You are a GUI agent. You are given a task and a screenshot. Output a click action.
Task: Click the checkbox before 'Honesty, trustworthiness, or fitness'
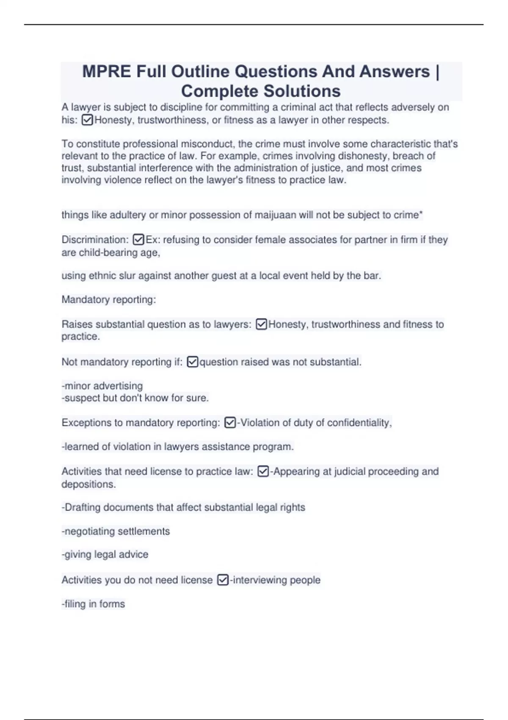(x=87, y=120)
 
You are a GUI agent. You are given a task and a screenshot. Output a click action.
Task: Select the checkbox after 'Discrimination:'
(x=138, y=240)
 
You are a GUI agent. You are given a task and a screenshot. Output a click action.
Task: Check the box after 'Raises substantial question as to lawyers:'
(x=262, y=324)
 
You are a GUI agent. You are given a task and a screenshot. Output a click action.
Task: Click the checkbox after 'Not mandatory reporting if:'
(x=192, y=362)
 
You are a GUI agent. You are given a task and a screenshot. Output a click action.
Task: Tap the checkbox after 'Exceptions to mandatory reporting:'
(x=230, y=423)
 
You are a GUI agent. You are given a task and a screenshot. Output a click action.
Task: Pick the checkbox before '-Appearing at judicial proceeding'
(x=263, y=471)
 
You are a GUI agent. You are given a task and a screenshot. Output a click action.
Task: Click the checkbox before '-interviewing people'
(x=223, y=580)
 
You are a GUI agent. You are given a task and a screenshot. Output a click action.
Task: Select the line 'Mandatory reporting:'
(x=109, y=300)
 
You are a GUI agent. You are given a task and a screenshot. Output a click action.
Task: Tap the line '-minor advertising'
(x=102, y=386)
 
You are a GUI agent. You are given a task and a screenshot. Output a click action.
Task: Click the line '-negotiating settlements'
(x=116, y=532)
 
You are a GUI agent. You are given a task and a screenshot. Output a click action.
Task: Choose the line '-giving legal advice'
(x=105, y=555)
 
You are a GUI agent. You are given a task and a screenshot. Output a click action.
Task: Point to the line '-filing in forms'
(x=93, y=604)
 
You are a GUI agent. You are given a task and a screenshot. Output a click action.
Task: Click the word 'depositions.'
(x=88, y=484)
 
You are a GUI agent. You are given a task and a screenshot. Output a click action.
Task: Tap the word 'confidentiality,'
(x=359, y=423)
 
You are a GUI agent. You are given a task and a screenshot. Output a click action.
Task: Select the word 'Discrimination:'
(x=95, y=240)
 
